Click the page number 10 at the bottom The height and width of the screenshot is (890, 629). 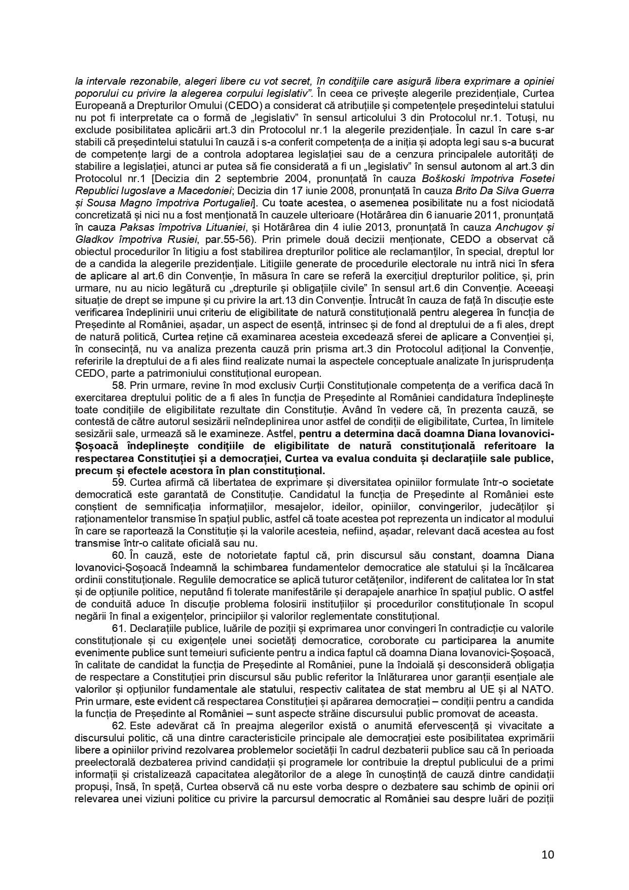547,855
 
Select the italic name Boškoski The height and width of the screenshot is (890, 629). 449,179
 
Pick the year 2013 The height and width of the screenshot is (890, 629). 372,227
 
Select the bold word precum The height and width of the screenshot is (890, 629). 93,470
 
